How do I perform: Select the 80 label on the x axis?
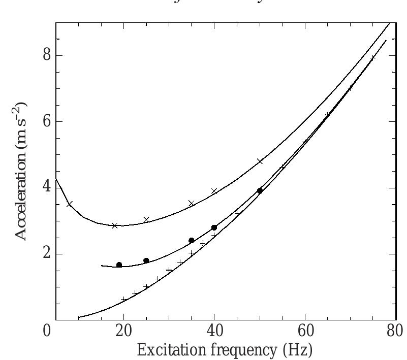tap(395, 332)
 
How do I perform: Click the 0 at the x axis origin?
tap(47, 332)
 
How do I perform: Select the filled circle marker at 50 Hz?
tap(260, 191)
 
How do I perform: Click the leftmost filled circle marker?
tap(119, 265)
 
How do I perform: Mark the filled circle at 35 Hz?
tap(191, 241)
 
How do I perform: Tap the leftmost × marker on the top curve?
tap(70, 204)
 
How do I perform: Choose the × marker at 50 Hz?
tap(260, 161)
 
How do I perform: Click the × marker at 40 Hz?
tap(214, 191)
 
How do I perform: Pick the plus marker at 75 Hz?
tap(372, 58)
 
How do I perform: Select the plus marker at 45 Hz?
tap(237, 213)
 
